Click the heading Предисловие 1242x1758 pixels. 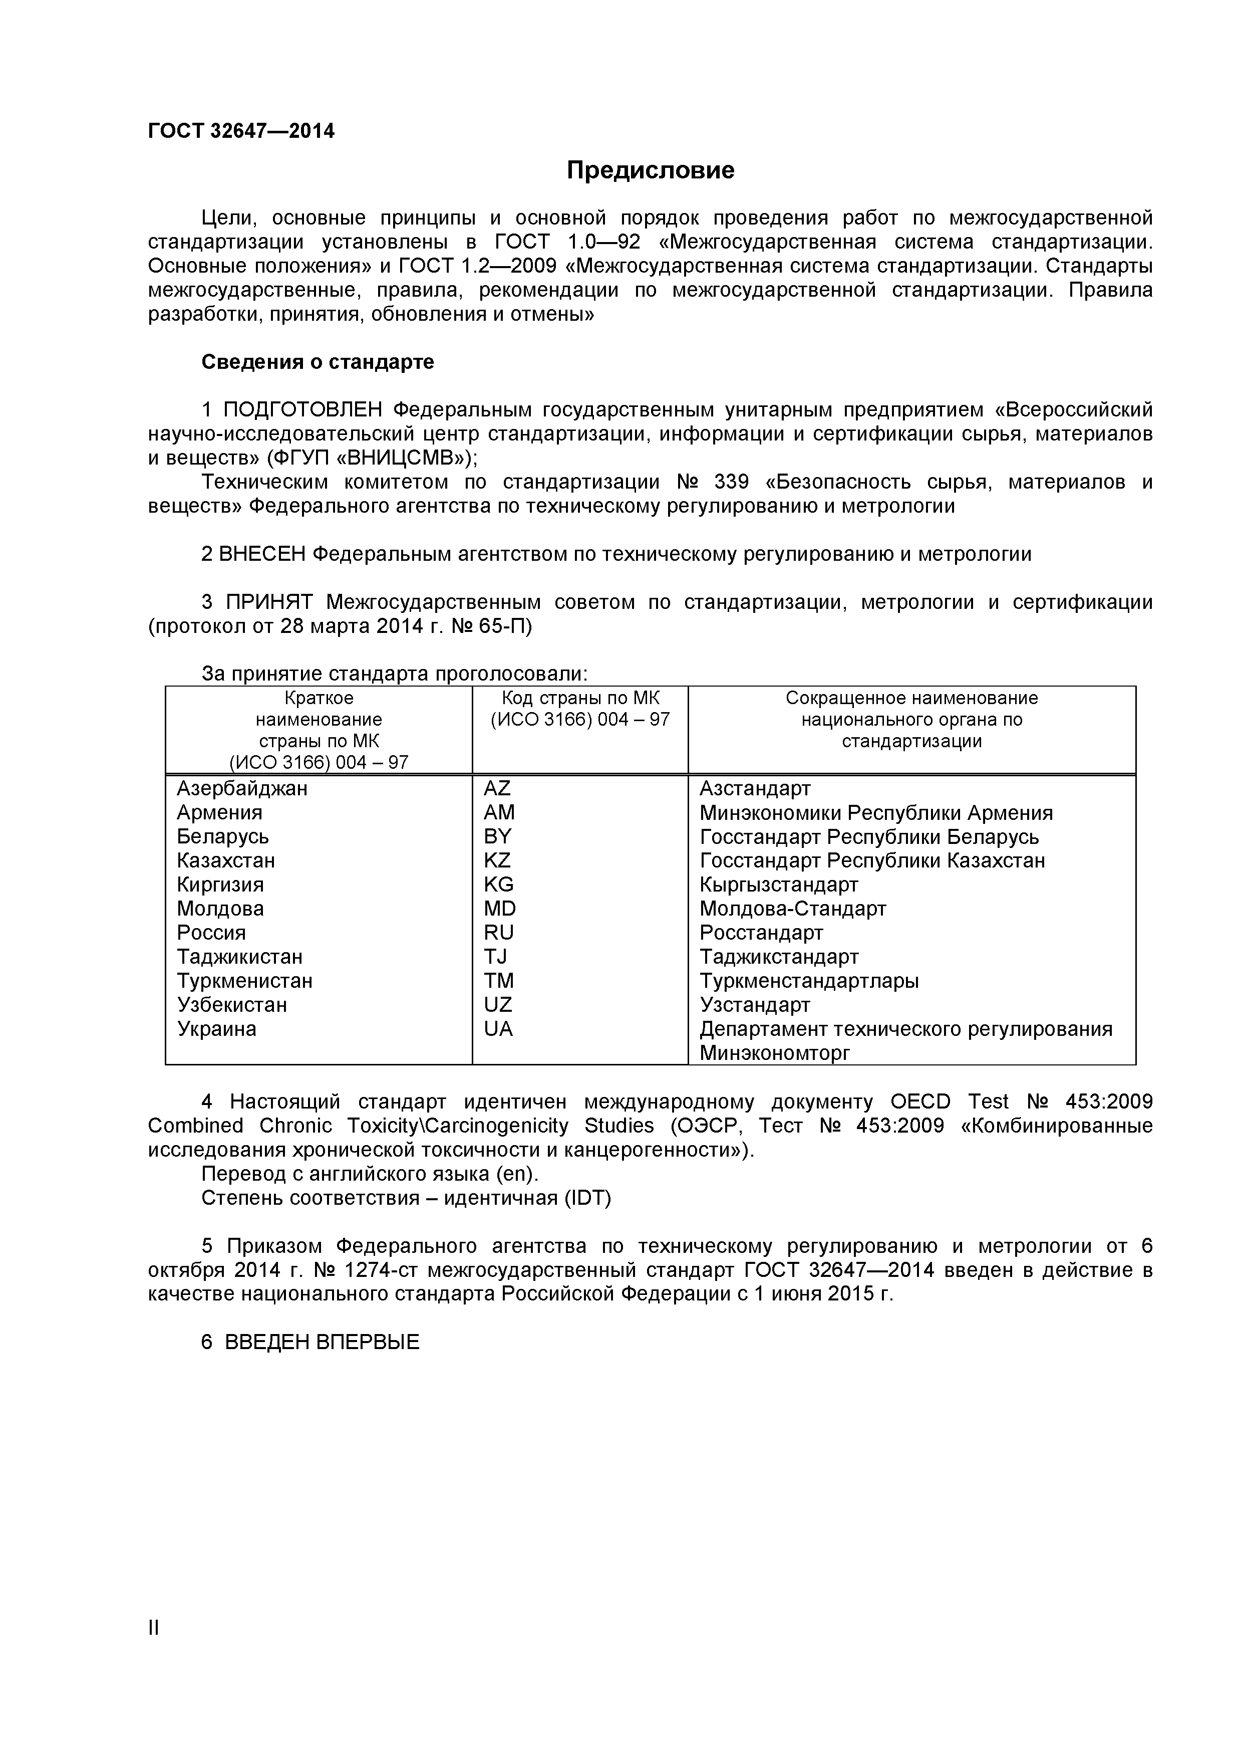(651, 170)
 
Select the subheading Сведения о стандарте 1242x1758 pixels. (318, 362)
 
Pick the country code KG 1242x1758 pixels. (498, 885)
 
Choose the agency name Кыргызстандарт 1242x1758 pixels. (779, 885)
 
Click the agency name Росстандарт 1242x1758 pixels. (761, 933)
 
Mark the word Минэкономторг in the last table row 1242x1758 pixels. (774, 1053)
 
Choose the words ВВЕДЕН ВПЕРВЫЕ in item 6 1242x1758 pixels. (322, 1342)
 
